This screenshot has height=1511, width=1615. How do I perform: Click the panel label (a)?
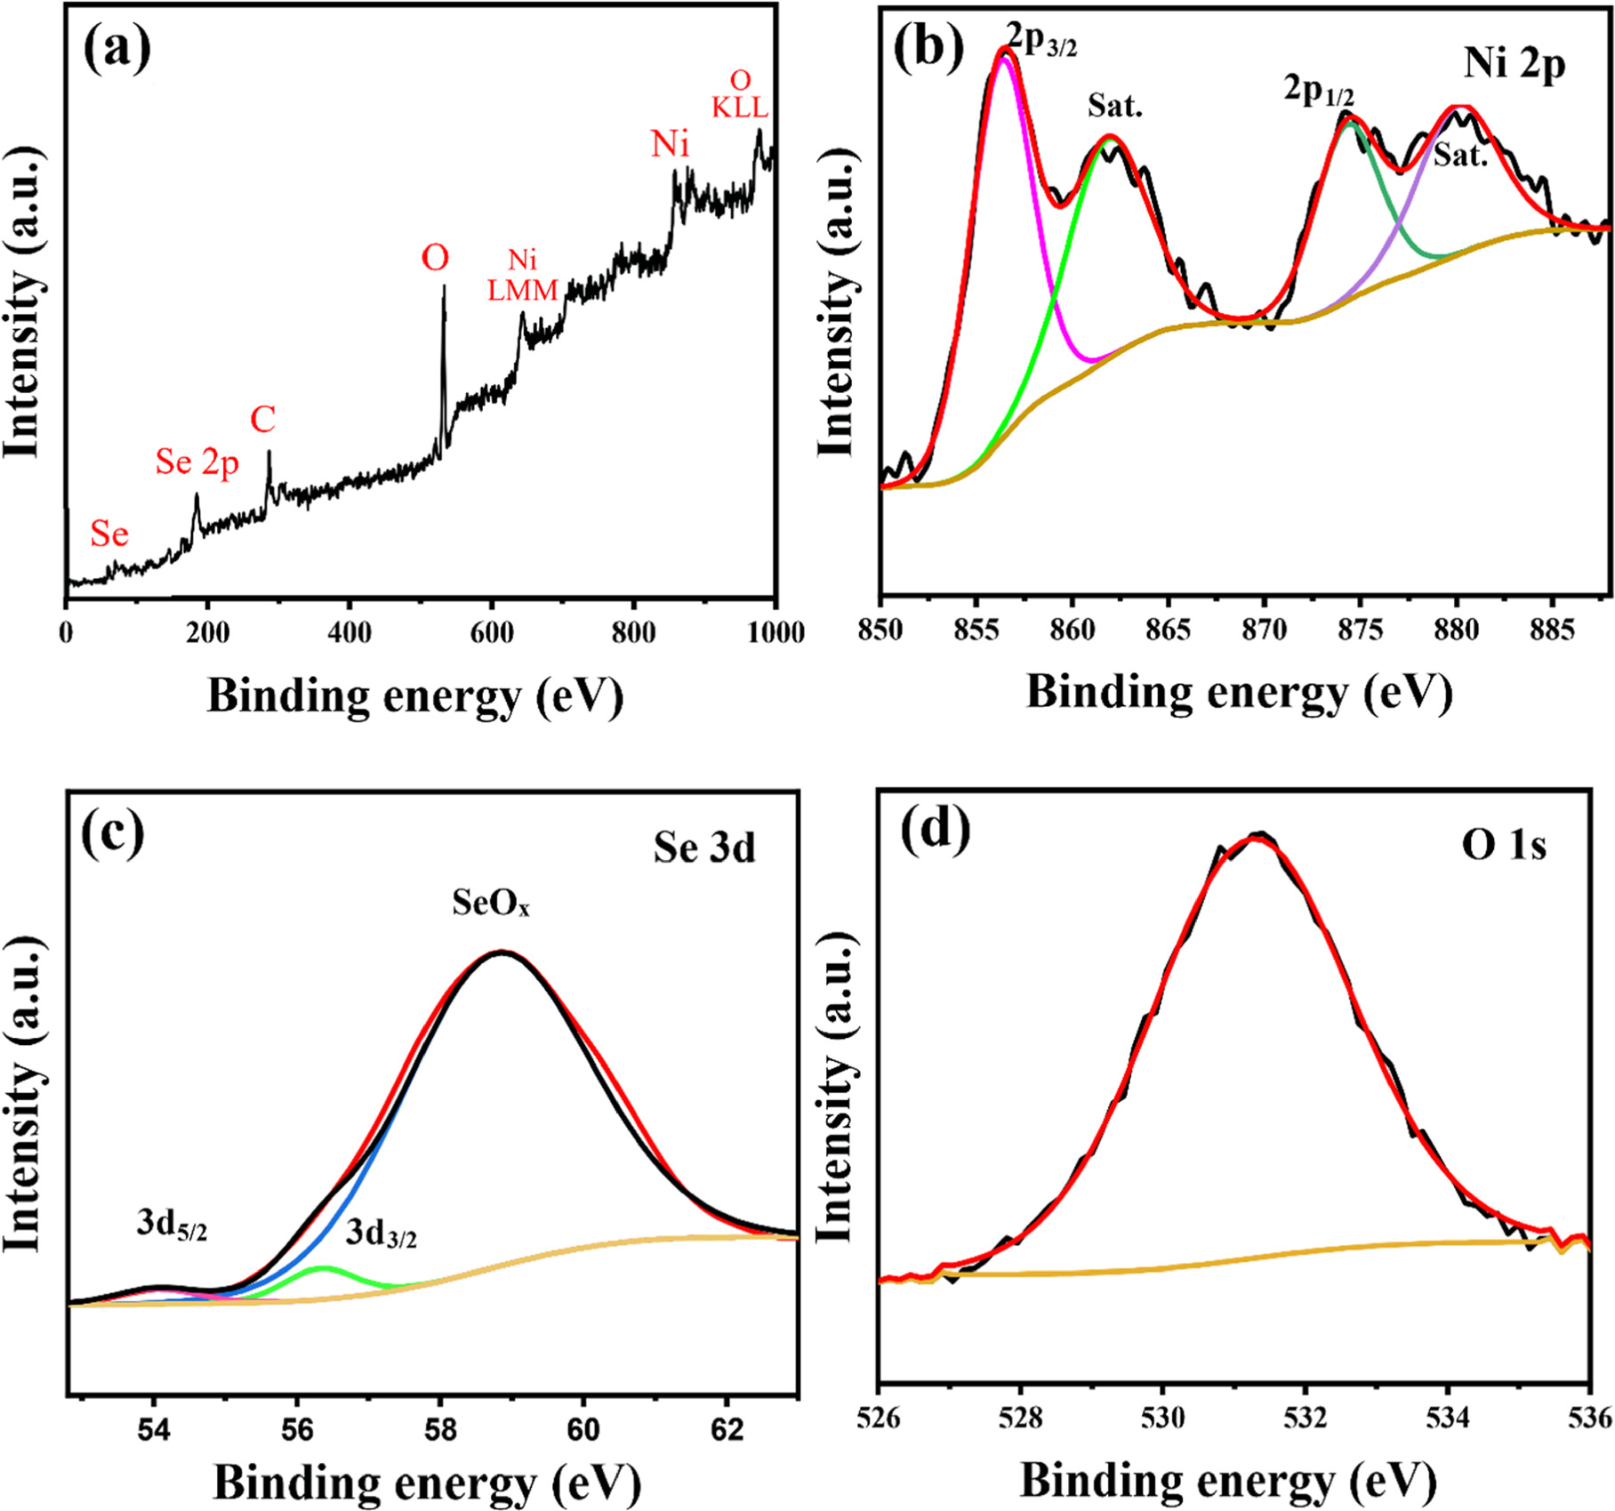click(117, 49)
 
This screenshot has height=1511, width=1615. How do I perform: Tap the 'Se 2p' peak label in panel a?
click(197, 462)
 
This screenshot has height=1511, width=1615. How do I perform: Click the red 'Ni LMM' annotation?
click(523, 275)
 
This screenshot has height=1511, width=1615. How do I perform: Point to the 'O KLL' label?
click(740, 94)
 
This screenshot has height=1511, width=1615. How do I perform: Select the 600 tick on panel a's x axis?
click(492, 632)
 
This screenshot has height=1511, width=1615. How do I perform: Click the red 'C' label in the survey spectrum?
click(262, 420)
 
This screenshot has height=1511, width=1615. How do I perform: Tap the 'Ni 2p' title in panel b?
click(1514, 64)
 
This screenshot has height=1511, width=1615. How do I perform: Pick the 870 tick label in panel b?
click(1264, 630)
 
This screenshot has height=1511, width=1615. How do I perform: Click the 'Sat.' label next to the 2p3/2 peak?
click(1114, 108)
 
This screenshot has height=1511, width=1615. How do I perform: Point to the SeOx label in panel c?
click(491, 904)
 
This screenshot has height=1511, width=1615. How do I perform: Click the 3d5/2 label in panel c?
click(172, 1225)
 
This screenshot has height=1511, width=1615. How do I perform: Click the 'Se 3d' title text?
click(704, 847)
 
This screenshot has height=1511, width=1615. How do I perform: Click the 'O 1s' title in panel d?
click(1504, 845)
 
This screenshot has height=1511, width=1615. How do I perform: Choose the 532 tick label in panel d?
click(1305, 1418)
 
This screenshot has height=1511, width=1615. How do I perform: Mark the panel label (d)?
click(936, 832)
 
